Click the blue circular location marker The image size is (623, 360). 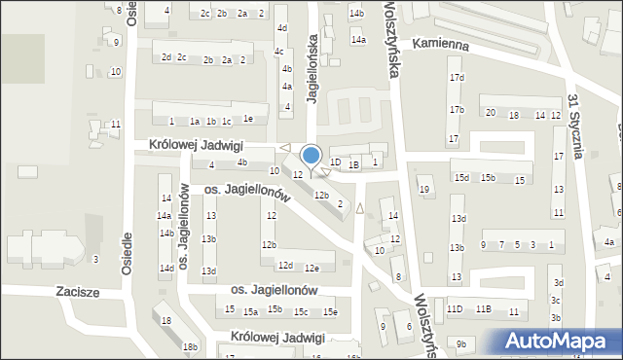click(x=311, y=156)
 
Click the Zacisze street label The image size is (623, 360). click(x=51, y=290)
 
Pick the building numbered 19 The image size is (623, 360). click(x=424, y=190)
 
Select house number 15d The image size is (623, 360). click(x=461, y=178)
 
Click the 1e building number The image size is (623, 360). click(x=248, y=120)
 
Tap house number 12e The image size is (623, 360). click(x=311, y=269)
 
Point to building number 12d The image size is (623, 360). click(x=284, y=266)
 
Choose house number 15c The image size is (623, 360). click(x=301, y=311)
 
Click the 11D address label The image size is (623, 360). click(x=455, y=309)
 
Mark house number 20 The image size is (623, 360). click(x=491, y=114)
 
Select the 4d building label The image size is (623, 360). click(x=281, y=28)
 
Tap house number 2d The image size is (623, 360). click(x=166, y=57)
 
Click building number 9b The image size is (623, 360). click(x=461, y=344)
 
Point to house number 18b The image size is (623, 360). click(x=191, y=346)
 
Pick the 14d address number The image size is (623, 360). click(x=166, y=268)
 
